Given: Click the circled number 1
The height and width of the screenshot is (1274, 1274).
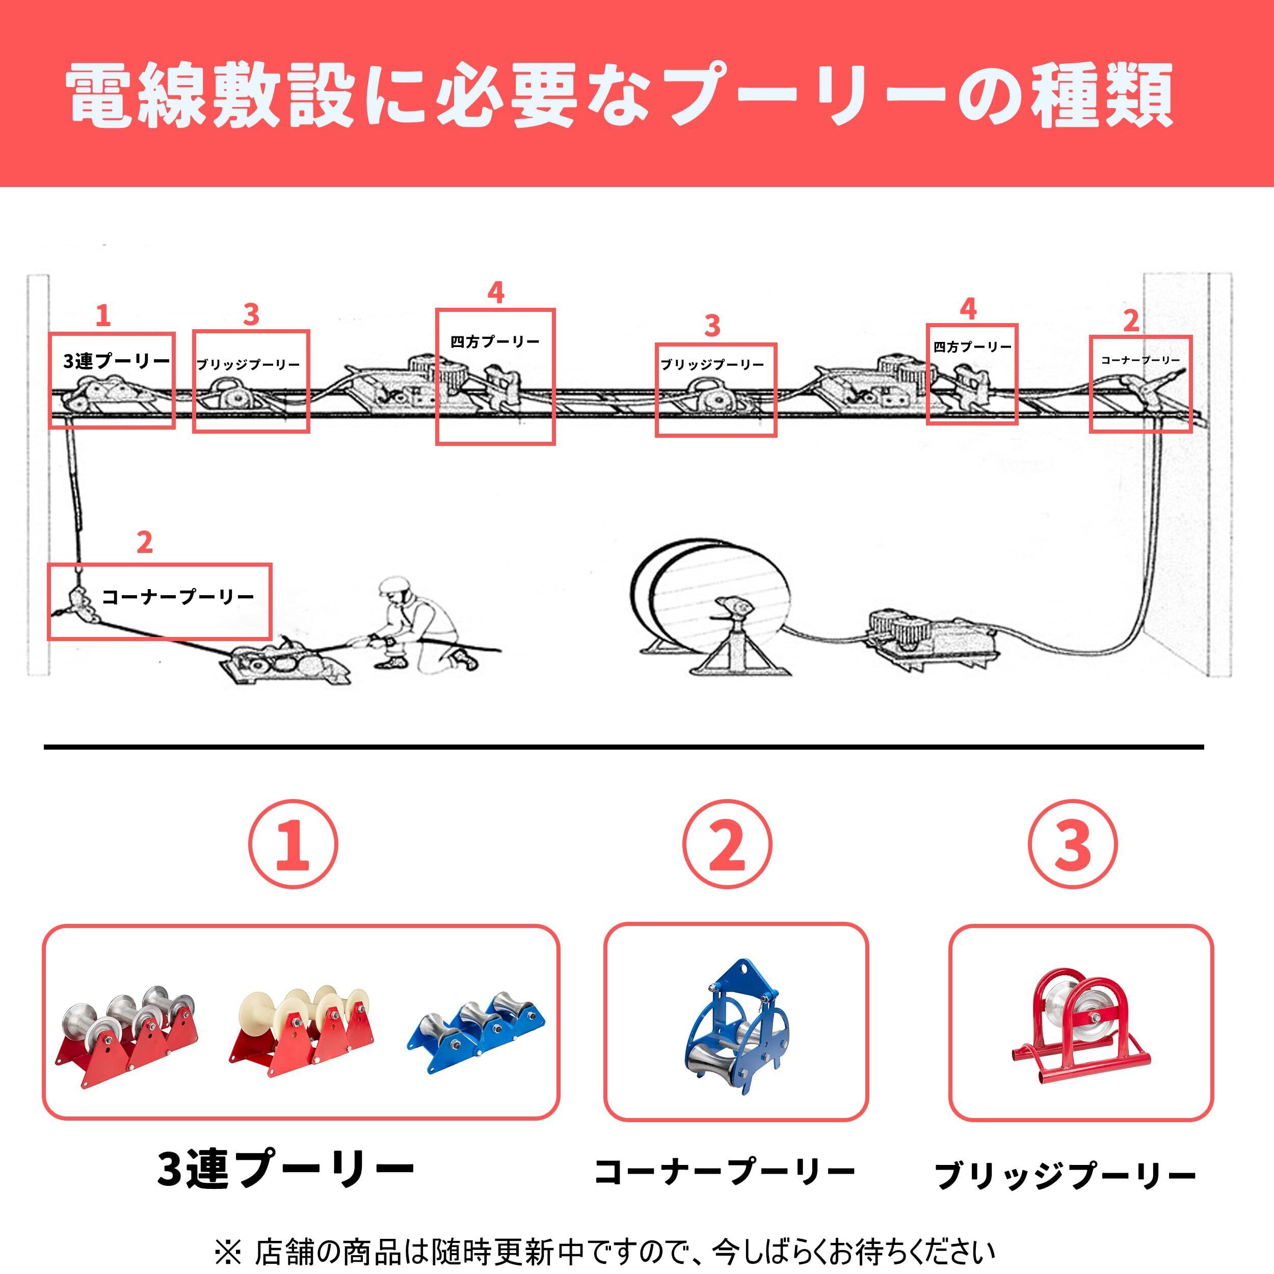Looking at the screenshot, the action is click(x=294, y=845).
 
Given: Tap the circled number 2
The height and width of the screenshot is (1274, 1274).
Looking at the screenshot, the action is click(x=727, y=845).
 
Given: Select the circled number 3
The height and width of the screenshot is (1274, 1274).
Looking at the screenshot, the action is click(x=1073, y=845).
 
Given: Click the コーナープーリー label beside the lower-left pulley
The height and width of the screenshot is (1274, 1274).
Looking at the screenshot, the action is click(x=178, y=597).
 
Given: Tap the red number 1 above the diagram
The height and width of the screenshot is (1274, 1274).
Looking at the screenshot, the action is click(x=103, y=316).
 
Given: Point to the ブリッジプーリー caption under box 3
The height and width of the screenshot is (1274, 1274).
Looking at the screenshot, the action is click(x=1065, y=1175).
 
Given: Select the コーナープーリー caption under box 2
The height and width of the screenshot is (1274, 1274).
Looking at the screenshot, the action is click(x=725, y=1172).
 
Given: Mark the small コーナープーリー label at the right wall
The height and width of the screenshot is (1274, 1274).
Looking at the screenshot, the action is click(x=1140, y=360).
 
